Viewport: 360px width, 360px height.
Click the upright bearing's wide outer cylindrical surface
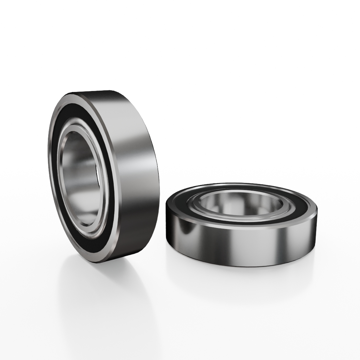[137, 167]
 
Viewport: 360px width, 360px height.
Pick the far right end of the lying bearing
[317, 217]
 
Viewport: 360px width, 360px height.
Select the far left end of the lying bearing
[166, 213]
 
